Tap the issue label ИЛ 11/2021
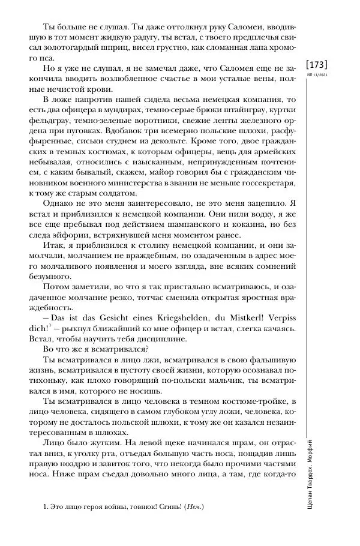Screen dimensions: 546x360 (317, 74)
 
